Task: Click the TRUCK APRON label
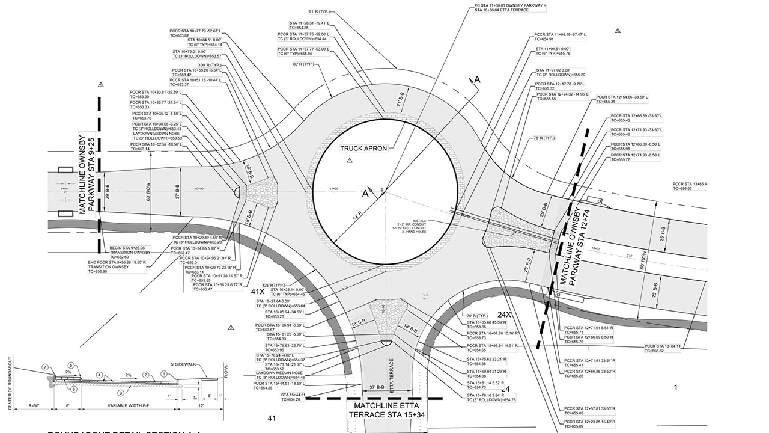[363, 148]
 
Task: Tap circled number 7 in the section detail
[45, 367]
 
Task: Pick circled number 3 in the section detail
[121, 393]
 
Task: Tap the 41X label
[258, 291]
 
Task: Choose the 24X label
[503, 315]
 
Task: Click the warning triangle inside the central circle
[350, 161]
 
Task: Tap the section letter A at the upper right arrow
[478, 79]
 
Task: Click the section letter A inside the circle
[365, 193]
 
